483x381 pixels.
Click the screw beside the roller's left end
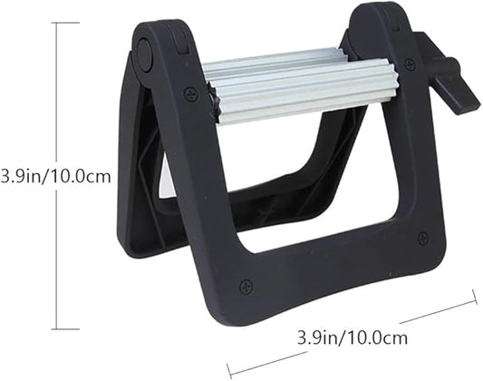(x=190, y=93)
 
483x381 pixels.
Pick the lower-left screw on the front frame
(x=246, y=287)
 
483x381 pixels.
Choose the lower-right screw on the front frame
(x=422, y=239)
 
